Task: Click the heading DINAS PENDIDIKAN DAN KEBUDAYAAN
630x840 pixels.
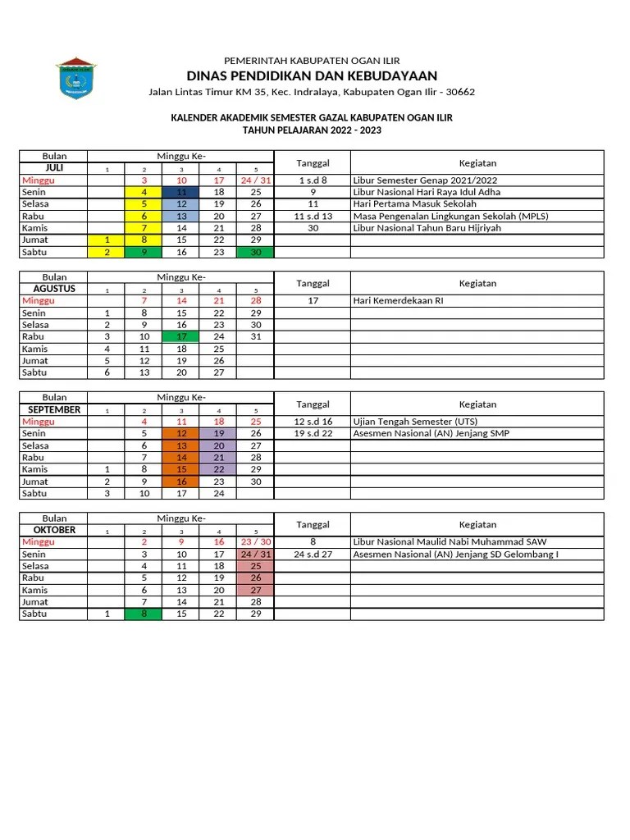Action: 312,75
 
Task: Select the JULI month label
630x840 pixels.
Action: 54,168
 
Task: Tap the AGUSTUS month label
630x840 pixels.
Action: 54,289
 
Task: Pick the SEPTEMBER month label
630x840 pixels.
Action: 54,409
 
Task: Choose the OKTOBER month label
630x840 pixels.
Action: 54,530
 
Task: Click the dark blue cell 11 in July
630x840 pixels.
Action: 181,192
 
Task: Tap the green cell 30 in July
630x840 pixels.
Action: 255,252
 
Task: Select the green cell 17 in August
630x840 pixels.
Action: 181,336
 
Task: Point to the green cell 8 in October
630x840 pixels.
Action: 144,614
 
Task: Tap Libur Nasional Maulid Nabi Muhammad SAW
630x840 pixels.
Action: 450,542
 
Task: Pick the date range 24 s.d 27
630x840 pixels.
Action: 313,554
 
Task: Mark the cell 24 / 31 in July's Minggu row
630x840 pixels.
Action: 255,180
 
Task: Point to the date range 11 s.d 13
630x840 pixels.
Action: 313,216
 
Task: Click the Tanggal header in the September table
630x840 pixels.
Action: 313,404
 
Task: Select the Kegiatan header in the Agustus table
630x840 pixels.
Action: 477,283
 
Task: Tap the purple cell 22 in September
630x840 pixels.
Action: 218,469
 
